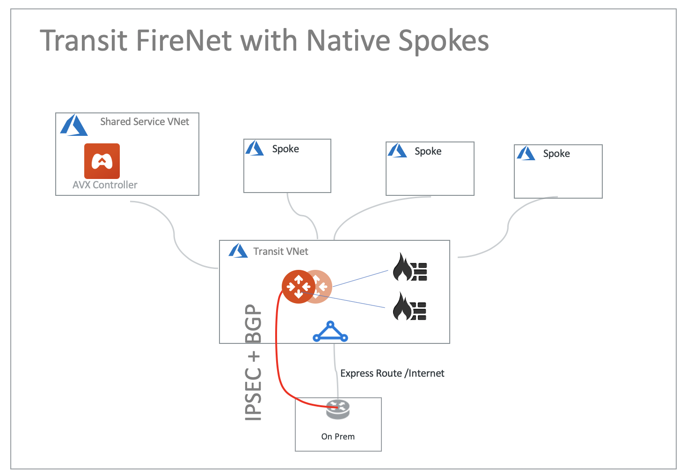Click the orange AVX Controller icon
tap(102, 161)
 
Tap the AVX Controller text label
tap(105, 185)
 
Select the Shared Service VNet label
tap(144, 122)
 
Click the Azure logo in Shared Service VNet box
tap(73, 125)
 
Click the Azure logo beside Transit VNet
tap(238, 251)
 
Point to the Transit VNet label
tap(280, 252)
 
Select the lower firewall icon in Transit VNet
tap(409, 307)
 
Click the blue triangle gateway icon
tap(330, 332)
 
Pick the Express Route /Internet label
tap(392, 373)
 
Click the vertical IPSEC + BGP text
tap(253, 362)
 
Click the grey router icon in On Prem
tap(338, 409)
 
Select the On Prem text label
tap(338, 437)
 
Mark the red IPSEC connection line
tap(277, 356)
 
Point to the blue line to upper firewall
tap(360, 278)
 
